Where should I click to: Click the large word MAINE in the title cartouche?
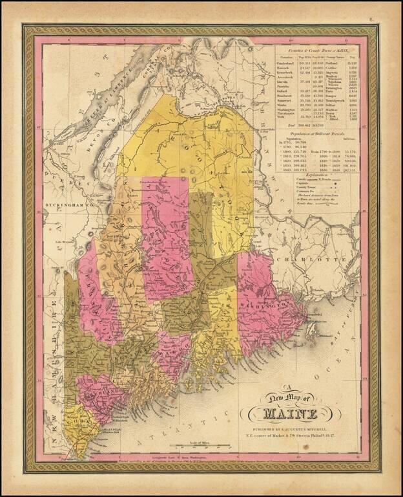(x=288, y=414)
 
